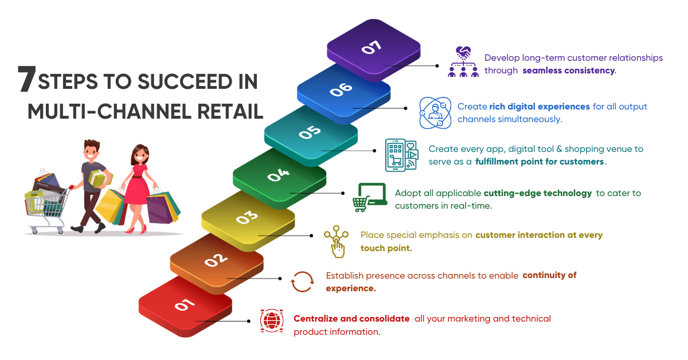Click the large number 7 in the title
pyautogui.click(x=27, y=79)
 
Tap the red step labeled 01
pyautogui.click(x=185, y=307)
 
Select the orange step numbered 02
pyautogui.click(x=217, y=262)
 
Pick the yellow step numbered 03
pyautogui.click(x=248, y=219)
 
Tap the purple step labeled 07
pyautogui.click(x=373, y=49)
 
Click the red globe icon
pyautogui.click(x=272, y=320)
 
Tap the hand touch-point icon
pyautogui.click(x=337, y=242)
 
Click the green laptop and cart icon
pyautogui.click(x=369, y=197)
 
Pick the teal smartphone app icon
pyautogui.click(x=401, y=155)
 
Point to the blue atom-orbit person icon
pyautogui.click(x=435, y=113)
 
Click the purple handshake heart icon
pyautogui.click(x=463, y=61)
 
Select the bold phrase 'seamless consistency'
pyautogui.click(x=569, y=71)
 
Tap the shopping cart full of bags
pyautogui.click(x=47, y=202)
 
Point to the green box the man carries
pyautogui.click(x=100, y=178)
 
